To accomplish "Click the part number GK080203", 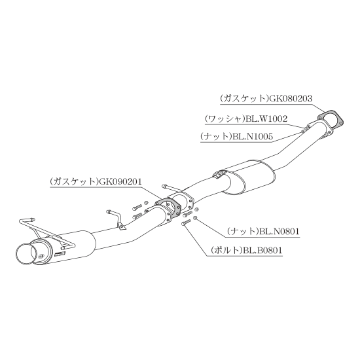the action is [x=291, y=98].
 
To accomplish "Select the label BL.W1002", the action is [x=266, y=118].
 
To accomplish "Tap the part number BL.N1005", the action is [x=253, y=137].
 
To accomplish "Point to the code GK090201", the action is [x=120, y=181].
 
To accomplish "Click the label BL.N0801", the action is [x=279, y=231].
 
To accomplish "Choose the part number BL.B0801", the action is [x=262, y=250].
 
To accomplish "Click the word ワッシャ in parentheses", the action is [x=225, y=119].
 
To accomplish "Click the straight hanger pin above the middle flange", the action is [x=171, y=188].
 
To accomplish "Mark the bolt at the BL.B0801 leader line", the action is [x=186, y=223].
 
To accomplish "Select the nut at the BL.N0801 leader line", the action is [x=194, y=218].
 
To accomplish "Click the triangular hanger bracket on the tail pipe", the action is [x=122, y=226].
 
